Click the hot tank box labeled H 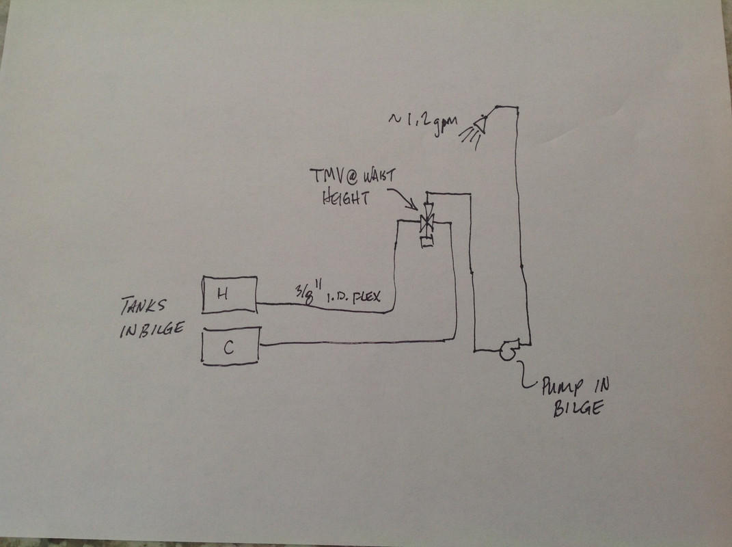pyautogui.click(x=230, y=294)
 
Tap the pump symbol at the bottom pyautogui.click(x=508, y=350)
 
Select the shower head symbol pyautogui.click(x=479, y=124)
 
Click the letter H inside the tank pyautogui.click(x=221, y=294)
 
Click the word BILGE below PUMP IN pyautogui.click(x=575, y=410)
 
